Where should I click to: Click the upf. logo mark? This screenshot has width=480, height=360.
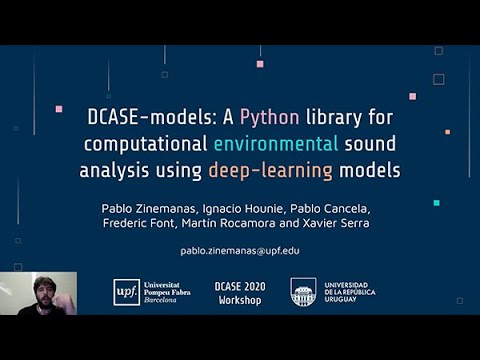tap(126, 291)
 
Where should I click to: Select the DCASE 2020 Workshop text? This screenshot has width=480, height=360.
tap(240, 292)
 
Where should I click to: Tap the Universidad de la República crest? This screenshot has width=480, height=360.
tap(303, 292)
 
